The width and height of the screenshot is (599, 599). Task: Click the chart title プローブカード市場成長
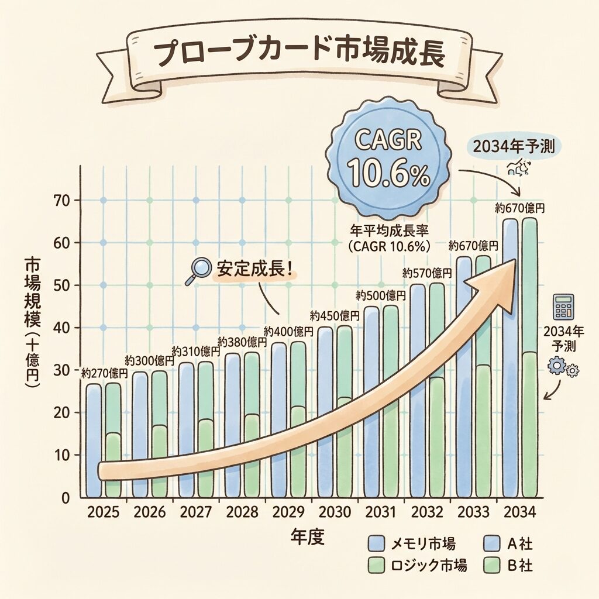(299, 55)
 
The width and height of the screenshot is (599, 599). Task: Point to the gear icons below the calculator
(562, 368)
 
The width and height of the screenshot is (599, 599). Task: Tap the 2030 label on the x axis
(335, 513)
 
